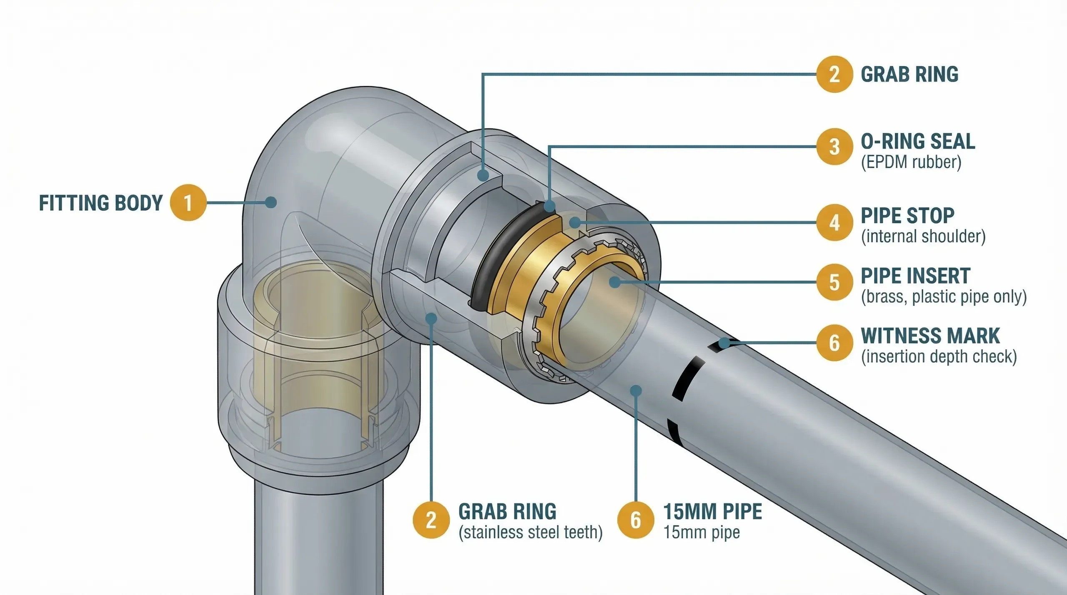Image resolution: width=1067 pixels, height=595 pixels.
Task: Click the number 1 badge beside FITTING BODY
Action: [188, 203]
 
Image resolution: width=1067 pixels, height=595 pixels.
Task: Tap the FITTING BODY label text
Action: [100, 203]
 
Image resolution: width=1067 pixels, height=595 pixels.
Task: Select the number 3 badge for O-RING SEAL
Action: [834, 147]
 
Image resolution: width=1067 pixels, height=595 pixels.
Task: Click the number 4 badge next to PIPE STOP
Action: [834, 222]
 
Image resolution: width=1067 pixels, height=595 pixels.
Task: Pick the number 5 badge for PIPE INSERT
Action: [834, 282]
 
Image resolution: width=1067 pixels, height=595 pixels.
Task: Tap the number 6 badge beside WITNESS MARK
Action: [834, 343]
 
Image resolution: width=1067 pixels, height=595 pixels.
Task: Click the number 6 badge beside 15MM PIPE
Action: [635, 520]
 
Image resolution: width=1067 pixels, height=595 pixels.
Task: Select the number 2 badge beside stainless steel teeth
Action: [431, 520]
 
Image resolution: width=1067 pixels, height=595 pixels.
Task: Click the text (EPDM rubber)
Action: [911, 162]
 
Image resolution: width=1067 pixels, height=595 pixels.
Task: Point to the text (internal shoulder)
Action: [923, 237]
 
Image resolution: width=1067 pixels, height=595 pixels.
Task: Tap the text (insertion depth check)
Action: [939, 357]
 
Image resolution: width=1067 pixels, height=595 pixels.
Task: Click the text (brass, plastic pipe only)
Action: [944, 297]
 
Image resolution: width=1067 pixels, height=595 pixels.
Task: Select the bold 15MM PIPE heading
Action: [712, 512]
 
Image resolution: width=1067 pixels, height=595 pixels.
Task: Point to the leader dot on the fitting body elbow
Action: [271, 203]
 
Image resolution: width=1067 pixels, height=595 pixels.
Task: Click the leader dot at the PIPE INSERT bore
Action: [615, 282]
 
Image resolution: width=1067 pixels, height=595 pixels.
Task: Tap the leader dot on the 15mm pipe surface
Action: [636, 391]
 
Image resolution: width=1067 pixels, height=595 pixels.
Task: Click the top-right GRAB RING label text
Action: [909, 75]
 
